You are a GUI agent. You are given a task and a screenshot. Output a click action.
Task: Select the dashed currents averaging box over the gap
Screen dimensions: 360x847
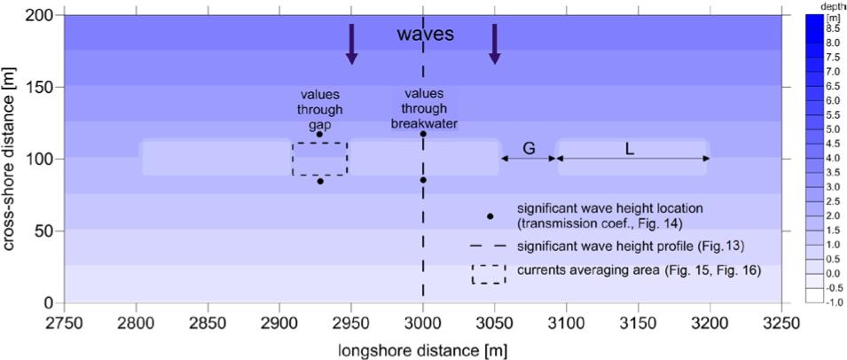(x=320, y=159)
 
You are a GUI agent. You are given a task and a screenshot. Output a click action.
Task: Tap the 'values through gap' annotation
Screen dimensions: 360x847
(x=320, y=110)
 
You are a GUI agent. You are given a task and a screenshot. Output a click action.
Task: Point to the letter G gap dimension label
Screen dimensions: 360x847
(x=528, y=148)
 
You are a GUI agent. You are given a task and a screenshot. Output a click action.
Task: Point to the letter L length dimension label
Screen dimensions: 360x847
(x=630, y=148)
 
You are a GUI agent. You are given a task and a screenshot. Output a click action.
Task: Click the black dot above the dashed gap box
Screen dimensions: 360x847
(x=320, y=135)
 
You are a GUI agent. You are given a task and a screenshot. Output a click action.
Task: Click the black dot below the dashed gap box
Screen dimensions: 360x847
(x=320, y=181)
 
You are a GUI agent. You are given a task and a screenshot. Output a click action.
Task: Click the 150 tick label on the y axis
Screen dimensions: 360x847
(x=41, y=87)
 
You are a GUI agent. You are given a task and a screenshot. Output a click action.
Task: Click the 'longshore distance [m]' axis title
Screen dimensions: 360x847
(x=423, y=349)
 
